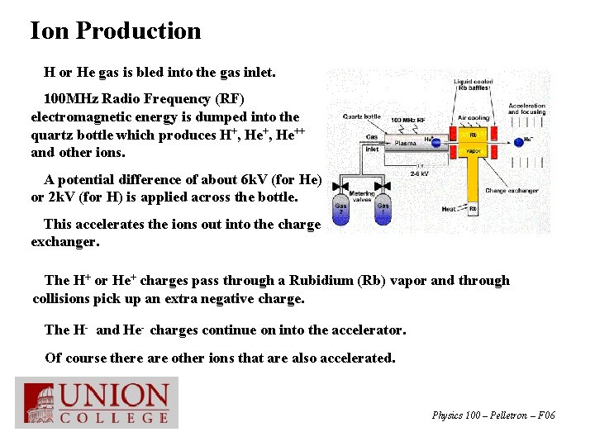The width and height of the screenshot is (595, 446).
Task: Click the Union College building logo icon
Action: coord(39,403)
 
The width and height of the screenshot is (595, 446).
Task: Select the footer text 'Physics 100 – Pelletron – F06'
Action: coord(493,415)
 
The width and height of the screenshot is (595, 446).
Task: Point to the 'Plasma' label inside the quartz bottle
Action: coord(405,143)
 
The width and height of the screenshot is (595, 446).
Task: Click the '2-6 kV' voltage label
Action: coord(420,173)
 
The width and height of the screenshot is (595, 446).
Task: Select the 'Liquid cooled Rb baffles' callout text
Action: coord(474,86)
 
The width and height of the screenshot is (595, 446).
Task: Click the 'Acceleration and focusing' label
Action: coord(526,109)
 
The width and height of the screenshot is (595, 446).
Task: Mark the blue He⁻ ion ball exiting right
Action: coord(517,140)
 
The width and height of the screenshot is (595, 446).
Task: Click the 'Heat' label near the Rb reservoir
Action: coord(449,209)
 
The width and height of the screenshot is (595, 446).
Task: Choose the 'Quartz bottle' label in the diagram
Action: coord(362,116)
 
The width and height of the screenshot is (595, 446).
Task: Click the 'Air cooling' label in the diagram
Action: coord(474,118)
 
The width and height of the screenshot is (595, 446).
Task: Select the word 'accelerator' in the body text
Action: coord(367,330)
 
